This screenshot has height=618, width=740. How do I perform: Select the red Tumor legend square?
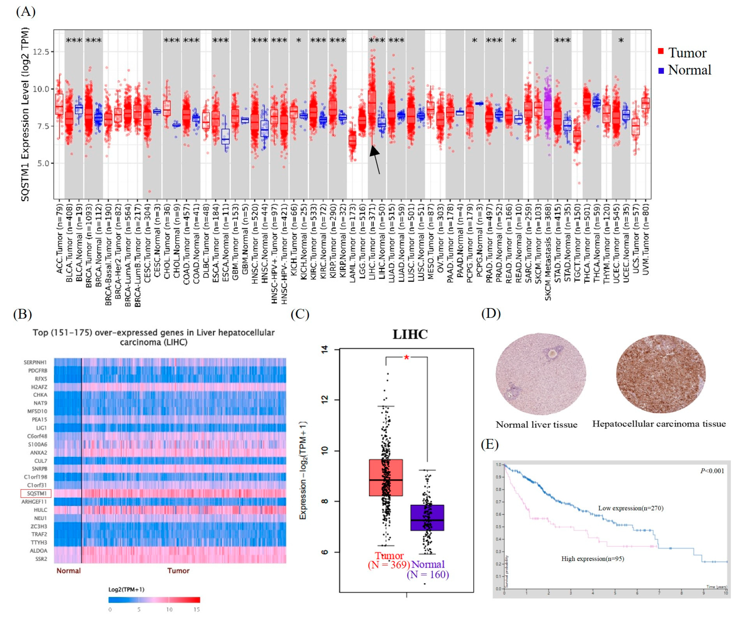tap(661, 52)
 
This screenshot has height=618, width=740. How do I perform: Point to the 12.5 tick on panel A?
tap(41, 52)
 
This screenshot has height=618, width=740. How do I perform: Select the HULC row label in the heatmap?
tap(40, 510)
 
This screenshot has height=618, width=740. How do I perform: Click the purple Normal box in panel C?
tap(427, 517)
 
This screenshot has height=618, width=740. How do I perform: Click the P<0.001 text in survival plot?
tap(712, 471)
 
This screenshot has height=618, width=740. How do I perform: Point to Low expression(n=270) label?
tap(630, 508)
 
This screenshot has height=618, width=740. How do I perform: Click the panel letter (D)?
tap(491, 313)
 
